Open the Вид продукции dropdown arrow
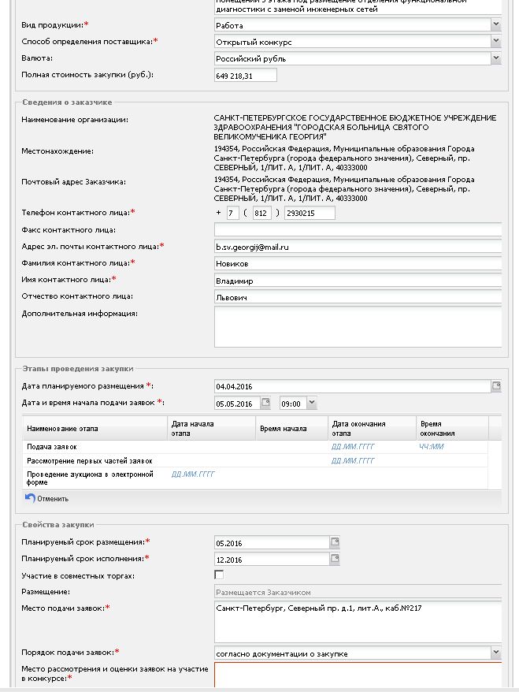pos(495,25)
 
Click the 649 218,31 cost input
pos(245,76)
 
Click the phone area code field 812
pos(262,214)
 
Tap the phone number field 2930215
pos(309,214)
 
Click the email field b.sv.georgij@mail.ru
pos(358,247)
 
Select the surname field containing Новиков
pos(358,263)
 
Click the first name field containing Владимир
pos(358,281)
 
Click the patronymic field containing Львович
pos(358,297)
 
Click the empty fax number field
pos(358,230)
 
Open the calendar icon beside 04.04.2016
pos(496,386)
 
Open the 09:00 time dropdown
pos(312,404)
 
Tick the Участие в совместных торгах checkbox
pos(219,575)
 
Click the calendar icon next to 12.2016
pos(335,560)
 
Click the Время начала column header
pos(282,429)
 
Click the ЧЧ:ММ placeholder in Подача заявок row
pos(432,447)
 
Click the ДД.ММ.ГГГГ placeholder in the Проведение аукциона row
pos(193,474)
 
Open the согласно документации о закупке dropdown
pos(495,653)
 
